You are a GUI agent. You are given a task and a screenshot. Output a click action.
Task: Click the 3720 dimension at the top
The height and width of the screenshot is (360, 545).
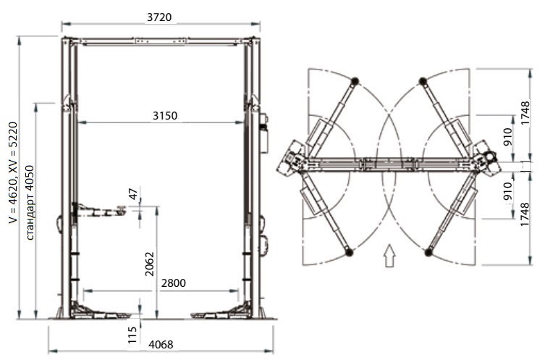(x=159, y=17)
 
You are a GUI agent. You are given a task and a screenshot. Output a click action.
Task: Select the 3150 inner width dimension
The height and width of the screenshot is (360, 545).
(x=165, y=115)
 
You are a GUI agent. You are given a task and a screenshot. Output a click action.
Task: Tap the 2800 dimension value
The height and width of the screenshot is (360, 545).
(x=173, y=283)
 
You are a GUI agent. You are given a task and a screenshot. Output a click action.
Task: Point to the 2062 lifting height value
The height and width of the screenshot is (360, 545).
(x=149, y=264)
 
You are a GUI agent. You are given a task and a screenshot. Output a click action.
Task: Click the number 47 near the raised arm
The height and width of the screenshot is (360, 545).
(x=133, y=193)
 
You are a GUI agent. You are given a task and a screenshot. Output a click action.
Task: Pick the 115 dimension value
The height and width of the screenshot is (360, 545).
(x=132, y=335)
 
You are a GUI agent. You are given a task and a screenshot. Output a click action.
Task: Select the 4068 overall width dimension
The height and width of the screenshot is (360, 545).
(x=161, y=344)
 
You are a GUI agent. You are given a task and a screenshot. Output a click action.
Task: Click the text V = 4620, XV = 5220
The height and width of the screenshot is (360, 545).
(x=13, y=172)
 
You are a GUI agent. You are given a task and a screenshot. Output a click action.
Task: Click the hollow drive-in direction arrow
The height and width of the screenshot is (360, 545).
(x=389, y=255)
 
